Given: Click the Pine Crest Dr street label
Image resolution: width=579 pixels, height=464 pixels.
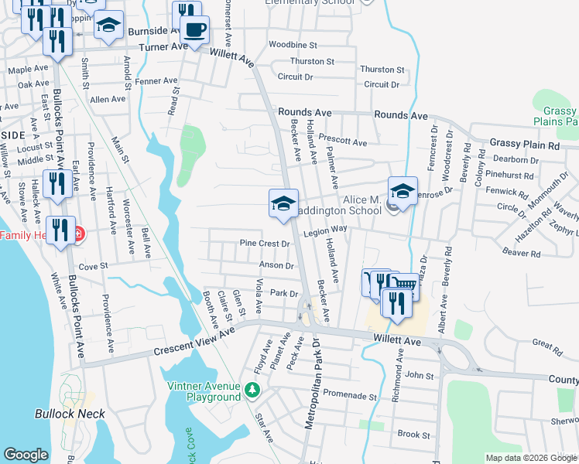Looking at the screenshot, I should pyautogui.click(x=264, y=243).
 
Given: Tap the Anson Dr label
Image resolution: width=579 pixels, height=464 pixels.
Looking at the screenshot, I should pyautogui.click(x=276, y=265).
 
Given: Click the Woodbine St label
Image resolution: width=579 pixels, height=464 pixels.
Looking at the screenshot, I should pyautogui.click(x=293, y=46).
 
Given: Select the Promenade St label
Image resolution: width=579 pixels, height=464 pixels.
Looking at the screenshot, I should pyautogui.click(x=349, y=395).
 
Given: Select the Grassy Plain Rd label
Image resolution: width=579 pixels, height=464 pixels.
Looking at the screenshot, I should pyautogui.click(x=524, y=145).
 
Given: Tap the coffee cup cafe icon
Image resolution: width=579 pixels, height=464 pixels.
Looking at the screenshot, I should pyautogui.click(x=194, y=30).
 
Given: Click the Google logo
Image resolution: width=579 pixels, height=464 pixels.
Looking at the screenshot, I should pyautogui.click(x=26, y=455).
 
